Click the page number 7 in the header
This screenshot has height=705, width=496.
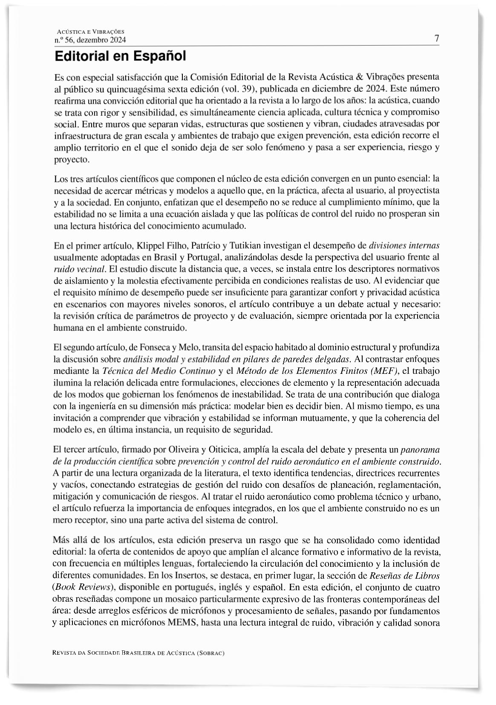click(437, 38)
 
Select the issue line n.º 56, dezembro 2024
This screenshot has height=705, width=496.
click(90, 41)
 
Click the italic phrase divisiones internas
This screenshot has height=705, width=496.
click(404, 245)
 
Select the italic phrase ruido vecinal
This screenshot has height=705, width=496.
click(80, 269)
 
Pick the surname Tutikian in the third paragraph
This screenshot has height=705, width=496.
click(245, 245)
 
